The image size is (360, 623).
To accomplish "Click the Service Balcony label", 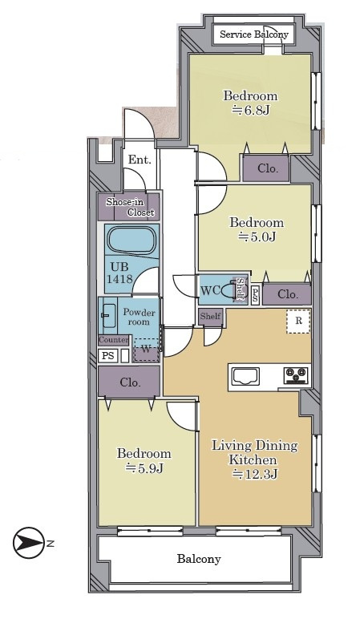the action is [254, 34].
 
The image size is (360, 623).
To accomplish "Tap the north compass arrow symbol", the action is [29, 543].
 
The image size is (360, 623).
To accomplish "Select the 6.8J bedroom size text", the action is [250, 110].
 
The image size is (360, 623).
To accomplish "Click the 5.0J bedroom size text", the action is [257, 237].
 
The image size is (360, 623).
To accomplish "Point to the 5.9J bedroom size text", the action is [144, 468].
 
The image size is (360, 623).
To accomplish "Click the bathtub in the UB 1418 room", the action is [133, 240].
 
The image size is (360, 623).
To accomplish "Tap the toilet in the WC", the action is [233, 291].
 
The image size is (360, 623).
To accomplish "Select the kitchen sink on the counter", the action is [245, 376].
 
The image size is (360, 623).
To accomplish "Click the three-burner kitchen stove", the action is [297, 375].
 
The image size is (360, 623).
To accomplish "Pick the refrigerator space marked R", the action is [298, 321].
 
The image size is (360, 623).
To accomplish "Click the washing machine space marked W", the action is [146, 350].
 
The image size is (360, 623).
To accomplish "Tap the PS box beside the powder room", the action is [107, 356].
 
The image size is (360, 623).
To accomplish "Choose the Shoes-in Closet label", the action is [130, 207].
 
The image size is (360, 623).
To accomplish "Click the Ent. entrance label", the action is [140, 160].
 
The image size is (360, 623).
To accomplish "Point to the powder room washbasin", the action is [109, 315].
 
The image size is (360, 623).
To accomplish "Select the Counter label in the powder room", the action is [114, 340].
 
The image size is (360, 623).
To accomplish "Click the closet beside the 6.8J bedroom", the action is [267, 168].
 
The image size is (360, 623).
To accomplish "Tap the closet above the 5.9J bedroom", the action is [130, 382].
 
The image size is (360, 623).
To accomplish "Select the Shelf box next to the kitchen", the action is [210, 317].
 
